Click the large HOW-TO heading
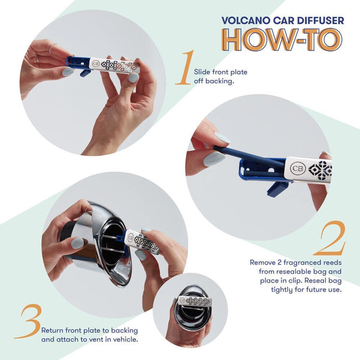point(283,40)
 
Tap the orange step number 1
point(185,68)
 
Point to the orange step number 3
point(29,322)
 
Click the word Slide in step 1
point(203,72)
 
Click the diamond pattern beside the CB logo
point(320,170)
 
